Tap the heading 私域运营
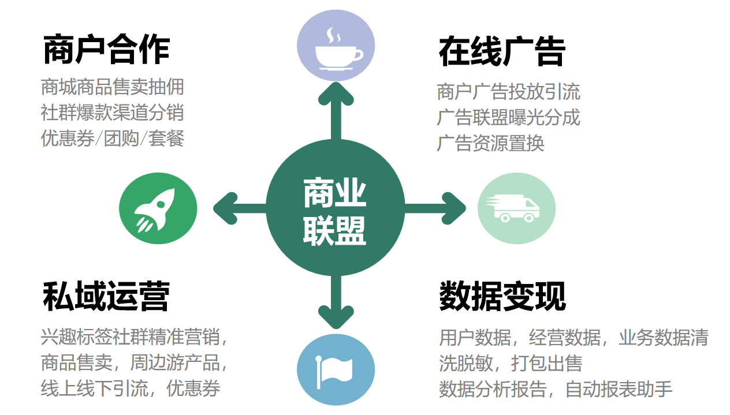tap(106, 297)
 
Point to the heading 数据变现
tap(502, 297)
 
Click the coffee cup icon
tap(336, 46)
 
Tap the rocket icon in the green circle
tap(158, 208)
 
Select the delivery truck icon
tap(516, 208)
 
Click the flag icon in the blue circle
tap(336, 369)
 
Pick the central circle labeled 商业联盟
tap(335, 208)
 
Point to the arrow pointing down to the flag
tap(336, 303)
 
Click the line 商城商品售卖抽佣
tap(113, 87)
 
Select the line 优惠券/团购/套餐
tap(113, 139)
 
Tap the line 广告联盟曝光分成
tap(508, 118)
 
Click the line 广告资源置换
tap(490, 143)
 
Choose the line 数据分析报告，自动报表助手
tap(556, 389)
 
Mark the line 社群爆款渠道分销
tap(113, 113)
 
